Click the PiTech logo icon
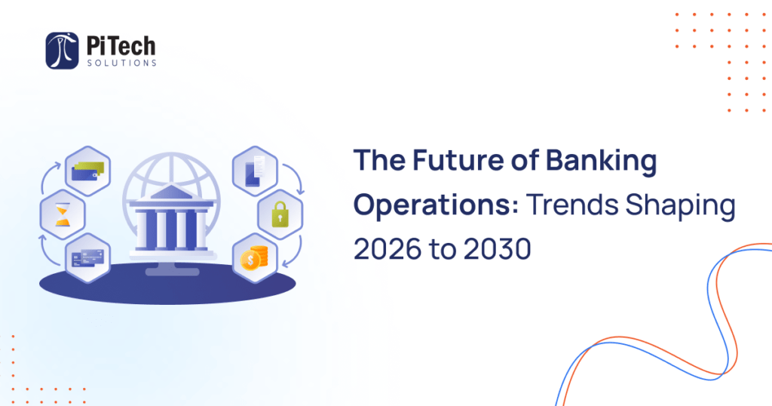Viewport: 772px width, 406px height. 62,51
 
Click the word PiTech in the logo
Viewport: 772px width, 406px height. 121,45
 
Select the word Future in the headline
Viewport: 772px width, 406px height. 447,161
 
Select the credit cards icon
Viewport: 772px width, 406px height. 87,259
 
